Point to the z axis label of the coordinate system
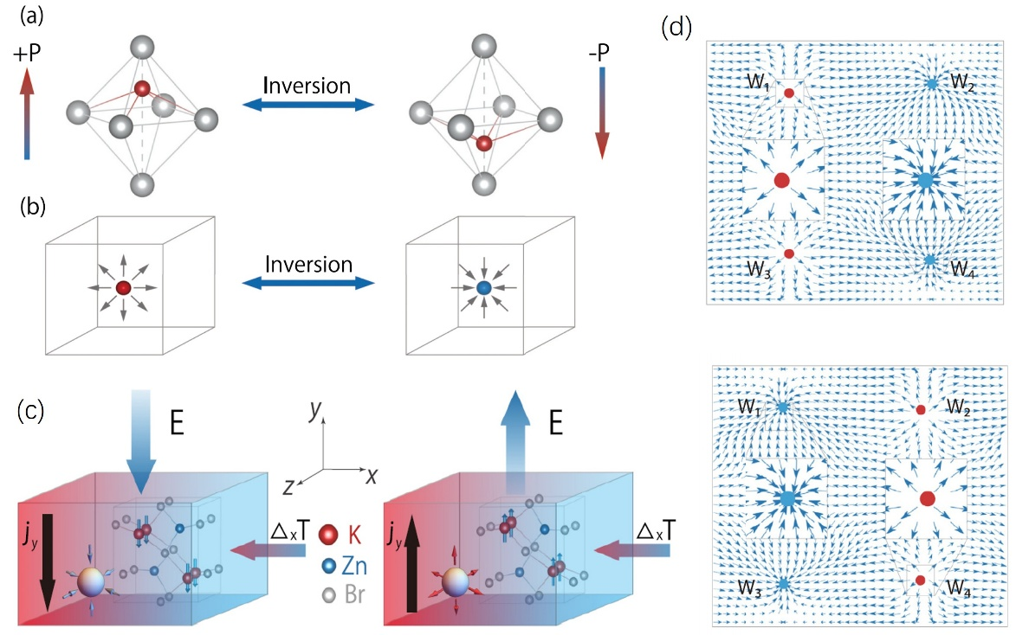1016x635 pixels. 288,488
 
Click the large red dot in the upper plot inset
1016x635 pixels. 781,180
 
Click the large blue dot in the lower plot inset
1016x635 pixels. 787,498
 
